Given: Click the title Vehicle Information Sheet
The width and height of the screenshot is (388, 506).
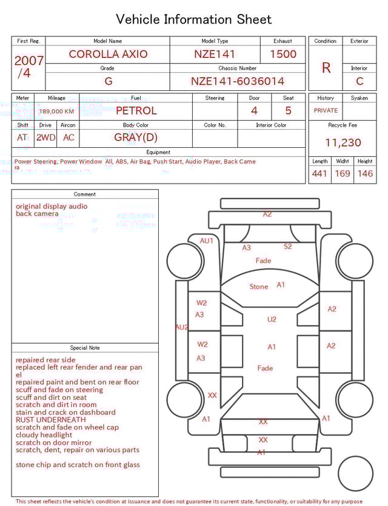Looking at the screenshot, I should (194, 19).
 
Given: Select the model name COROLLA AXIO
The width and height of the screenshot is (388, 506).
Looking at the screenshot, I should (108, 54).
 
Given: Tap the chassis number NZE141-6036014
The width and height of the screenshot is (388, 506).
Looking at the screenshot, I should (238, 81).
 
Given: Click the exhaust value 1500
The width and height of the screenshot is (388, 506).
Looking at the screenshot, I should (283, 54).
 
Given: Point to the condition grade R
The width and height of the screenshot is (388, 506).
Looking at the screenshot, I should (326, 68).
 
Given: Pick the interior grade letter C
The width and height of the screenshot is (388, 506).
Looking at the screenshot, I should (360, 81).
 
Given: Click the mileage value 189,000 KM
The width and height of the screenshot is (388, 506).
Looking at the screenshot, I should (56, 112).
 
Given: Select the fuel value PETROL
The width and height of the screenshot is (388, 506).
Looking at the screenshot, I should (136, 110).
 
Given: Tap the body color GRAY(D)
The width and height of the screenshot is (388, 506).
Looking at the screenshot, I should (136, 137).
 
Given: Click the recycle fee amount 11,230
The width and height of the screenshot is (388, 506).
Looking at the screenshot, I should (343, 142).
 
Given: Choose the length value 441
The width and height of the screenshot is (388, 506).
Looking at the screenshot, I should (319, 174).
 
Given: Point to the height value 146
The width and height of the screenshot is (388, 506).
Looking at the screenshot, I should (365, 174).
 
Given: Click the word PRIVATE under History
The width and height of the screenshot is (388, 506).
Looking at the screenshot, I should (326, 110).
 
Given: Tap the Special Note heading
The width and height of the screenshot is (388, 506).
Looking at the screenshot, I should (85, 348).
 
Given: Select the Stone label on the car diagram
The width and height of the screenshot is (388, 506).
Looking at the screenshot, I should (259, 287).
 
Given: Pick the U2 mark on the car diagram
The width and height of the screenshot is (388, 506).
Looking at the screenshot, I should (272, 319).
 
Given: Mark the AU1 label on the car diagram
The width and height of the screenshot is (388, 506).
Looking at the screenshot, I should (207, 241).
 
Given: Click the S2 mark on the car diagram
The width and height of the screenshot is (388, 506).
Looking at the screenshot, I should (288, 247).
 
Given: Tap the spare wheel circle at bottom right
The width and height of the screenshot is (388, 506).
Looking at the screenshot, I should (356, 474).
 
